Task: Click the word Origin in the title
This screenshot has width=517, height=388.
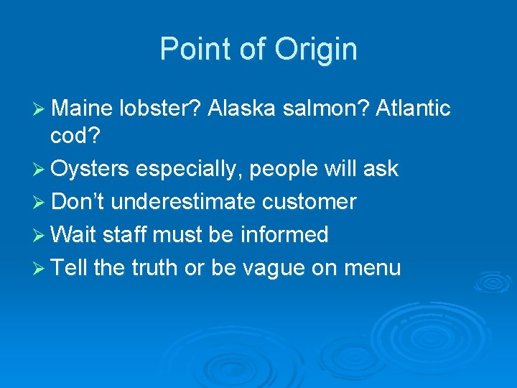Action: pyautogui.click(x=320, y=50)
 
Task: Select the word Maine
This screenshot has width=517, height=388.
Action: pyautogui.click(x=81, y=108)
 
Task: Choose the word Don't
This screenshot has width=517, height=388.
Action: pyautogui.click(x=78, y=202)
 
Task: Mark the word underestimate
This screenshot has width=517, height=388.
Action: pyautogui.click(x=183, y=202)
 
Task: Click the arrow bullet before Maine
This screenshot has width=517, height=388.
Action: pyautogui.click(x=39, y=109)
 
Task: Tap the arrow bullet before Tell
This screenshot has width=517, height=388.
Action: pyautogui.click(x=39, y=269)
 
